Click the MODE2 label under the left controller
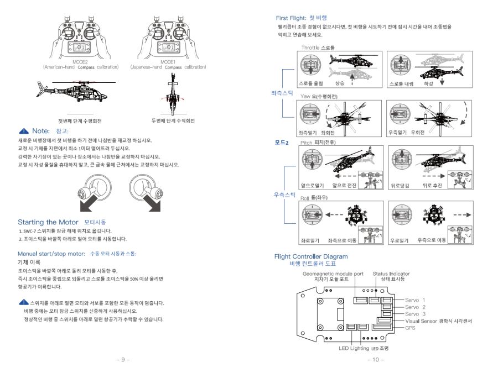coord(80,62)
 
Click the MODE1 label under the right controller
coord(168,62)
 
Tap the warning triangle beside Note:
coord(24,131)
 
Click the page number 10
coord(375,360)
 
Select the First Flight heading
coord(290,18)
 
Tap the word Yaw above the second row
coord(305,96)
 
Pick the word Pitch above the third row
coord(307,143)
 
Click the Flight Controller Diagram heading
coord(311,256)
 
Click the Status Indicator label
coord(391,274)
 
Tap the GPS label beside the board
coord(410,327)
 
